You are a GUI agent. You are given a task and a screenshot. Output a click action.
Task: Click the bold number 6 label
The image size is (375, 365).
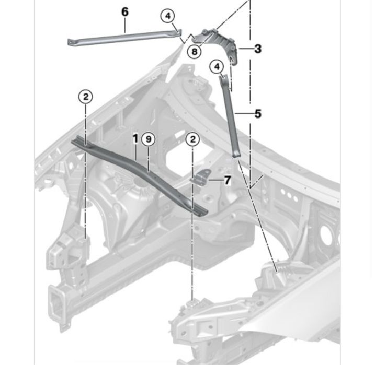coord(125,11)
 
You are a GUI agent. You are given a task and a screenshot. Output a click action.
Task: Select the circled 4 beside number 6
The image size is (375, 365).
coord(167,16)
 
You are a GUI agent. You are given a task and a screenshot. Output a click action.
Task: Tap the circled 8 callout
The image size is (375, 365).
coord(194,51)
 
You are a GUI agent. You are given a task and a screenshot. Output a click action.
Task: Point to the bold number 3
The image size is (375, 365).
coord(258,49)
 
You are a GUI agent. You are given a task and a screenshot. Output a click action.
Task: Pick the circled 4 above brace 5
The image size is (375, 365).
coord(217,66)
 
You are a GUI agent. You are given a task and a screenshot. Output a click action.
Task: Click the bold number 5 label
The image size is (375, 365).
coord(258,113)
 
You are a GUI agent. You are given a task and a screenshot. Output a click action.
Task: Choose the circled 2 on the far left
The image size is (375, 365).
coord(86,96)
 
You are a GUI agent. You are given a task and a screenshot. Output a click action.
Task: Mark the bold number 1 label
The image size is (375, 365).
coord(135,138)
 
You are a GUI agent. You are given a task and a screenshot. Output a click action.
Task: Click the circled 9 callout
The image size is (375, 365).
coord(149,139)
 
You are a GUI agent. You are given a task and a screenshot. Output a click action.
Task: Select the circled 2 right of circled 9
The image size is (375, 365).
coord(193,139)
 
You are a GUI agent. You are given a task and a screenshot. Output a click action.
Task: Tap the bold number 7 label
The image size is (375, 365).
coord(227,181)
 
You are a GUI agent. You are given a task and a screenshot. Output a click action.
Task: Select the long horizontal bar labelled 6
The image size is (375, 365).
coord(126,36)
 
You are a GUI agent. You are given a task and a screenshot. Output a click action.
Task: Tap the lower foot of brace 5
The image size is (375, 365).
coord(236,152)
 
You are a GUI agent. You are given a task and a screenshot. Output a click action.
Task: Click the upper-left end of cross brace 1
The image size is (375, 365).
coord(78,141)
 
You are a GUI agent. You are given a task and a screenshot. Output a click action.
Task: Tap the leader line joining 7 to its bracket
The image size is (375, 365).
coord(216,181)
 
